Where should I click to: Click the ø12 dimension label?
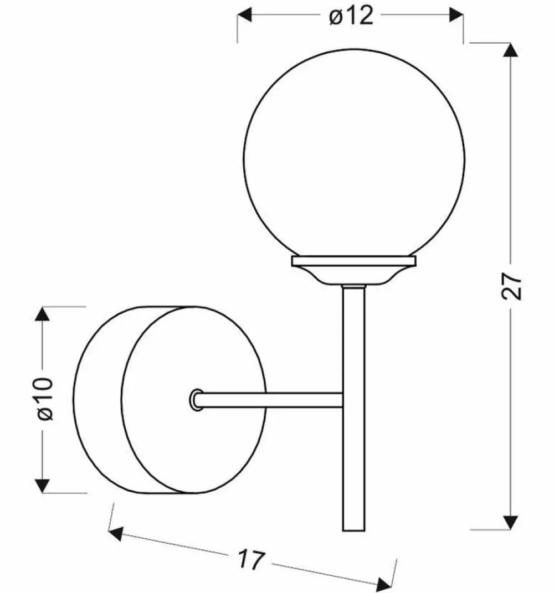[x=351, y=17]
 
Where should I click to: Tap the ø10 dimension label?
[x=45, y=398]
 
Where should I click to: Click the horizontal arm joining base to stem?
[x=271, y=400]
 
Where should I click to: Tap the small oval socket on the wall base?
[x=196, y=399]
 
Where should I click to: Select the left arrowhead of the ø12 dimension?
[x=244, y=16]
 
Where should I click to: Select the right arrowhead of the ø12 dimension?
[x=456, y=16]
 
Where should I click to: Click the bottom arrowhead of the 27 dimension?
[x=510, y=522]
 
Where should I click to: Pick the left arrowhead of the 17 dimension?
[x=116, y=534]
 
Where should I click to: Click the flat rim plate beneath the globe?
[x=353, y=260]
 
